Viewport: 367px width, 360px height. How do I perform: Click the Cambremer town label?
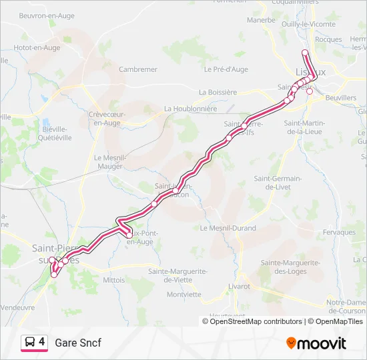pyautogui.click(x=137, y=69)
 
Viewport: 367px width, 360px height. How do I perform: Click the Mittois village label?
pyautogui.click(x=114, y=280)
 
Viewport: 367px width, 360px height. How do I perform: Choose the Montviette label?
pyautogui.click(x=183, y=294)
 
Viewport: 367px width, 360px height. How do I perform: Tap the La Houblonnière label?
pyautogui.click(x=190, y=109)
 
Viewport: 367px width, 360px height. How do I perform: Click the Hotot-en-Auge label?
pyautogui.click(x=37, y=48)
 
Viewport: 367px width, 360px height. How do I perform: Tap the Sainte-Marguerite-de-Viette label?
pyautogui.click(x=174, y=275)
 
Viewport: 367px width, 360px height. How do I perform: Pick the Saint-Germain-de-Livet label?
pyautogui.click(x=278, y=183)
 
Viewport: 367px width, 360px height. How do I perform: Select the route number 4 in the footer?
pyautogui.click(x=42, y=342)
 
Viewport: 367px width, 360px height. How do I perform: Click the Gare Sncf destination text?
pyautogui.click(x=78, y=343)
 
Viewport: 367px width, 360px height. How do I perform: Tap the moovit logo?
pyautogui.click(x=316, y=343)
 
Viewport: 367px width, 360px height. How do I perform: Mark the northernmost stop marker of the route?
pyautogui.click(x=305, y=53)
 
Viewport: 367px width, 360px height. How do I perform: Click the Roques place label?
pyautogui.click(x=328, y=39)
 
